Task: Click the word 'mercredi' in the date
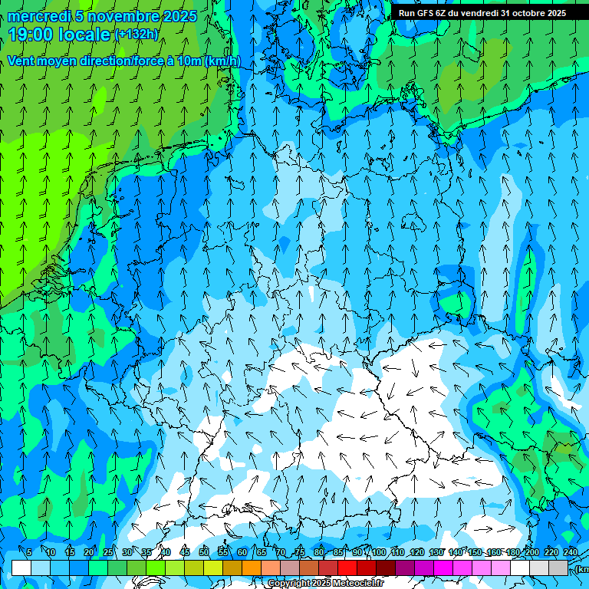[39, 16]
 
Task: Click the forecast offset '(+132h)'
[136, 34]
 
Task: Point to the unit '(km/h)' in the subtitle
[222, 61]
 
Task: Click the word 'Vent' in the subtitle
[22, 61]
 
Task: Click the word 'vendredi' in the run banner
[480, 13]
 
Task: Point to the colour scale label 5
[29, 553]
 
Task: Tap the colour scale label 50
[204, 553]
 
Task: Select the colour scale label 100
[378, 553]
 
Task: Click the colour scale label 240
[570, 553]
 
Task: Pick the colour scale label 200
[531, 553]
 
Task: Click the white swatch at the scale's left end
[21, 568]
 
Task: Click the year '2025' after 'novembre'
[179, 16]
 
